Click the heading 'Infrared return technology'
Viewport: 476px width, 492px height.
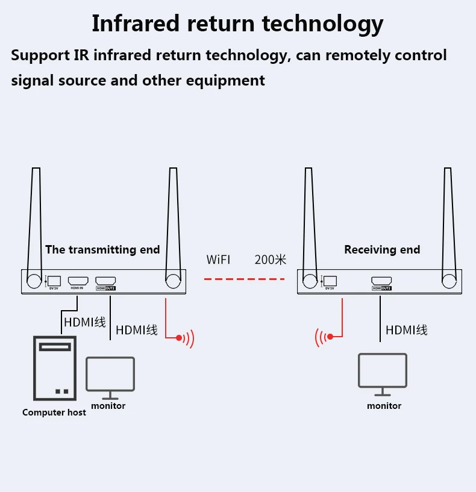(x=237, y=23)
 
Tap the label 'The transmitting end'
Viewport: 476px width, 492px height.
(x=102, y=249)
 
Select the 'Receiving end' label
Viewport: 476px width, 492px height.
(x=382, y=249)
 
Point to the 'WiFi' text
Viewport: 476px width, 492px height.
(x=218, y=260)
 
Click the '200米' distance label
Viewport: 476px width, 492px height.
(x=270, y=260)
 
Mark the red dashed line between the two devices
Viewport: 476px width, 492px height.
(x=243, y=279)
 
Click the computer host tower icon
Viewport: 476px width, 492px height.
(x=54, y=369)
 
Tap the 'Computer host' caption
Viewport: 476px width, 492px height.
(x=54, y=413)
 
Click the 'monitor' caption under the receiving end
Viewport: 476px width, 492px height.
(x=384, y=406)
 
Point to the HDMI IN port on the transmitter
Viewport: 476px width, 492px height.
(x=78, y=281)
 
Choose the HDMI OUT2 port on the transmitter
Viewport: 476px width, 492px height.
(x=105, y=281)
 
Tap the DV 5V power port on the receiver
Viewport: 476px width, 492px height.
(x=330, y=281)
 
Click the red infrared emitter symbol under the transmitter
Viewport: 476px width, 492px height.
(x=184, y=338)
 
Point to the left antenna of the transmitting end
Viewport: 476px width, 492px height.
(x=34, y=223)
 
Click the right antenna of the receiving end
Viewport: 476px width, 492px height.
(x=448, y=223)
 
